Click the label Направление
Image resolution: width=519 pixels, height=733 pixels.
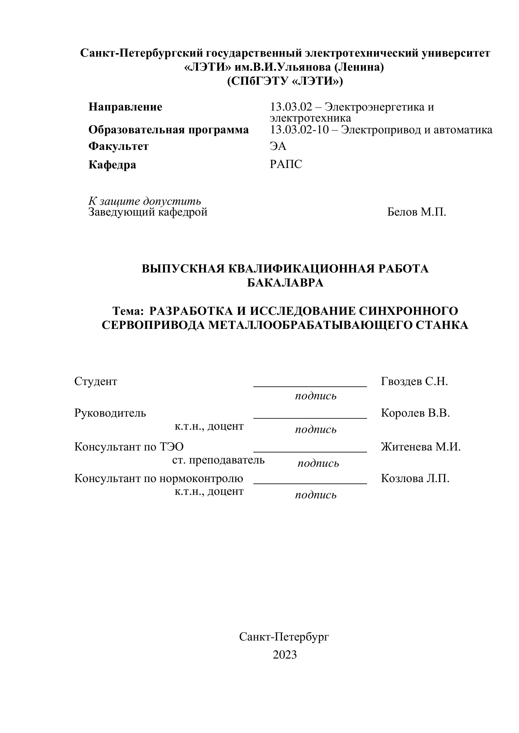point(125,107)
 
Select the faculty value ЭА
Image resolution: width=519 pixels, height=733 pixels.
point(278,146)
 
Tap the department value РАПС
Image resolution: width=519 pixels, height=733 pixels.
point(286,164)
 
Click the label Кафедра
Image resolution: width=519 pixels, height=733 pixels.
point(112,165)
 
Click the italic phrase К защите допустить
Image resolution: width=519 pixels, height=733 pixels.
point(145,201)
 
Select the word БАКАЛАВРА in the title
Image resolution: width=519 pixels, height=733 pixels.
point(285,283)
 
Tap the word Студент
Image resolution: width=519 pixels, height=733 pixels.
point(96,381)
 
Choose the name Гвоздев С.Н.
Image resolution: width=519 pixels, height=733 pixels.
point(414,381)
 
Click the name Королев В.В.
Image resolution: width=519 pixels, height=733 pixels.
point(415,413)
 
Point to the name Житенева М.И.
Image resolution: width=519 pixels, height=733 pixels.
point(421,447)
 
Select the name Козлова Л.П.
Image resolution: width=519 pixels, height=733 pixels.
point(415,478)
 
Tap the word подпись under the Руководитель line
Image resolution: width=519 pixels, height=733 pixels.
point(315,430)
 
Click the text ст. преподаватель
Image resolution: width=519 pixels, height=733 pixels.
point(218,460)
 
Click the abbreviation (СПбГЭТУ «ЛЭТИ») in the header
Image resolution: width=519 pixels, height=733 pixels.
point(285,81)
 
